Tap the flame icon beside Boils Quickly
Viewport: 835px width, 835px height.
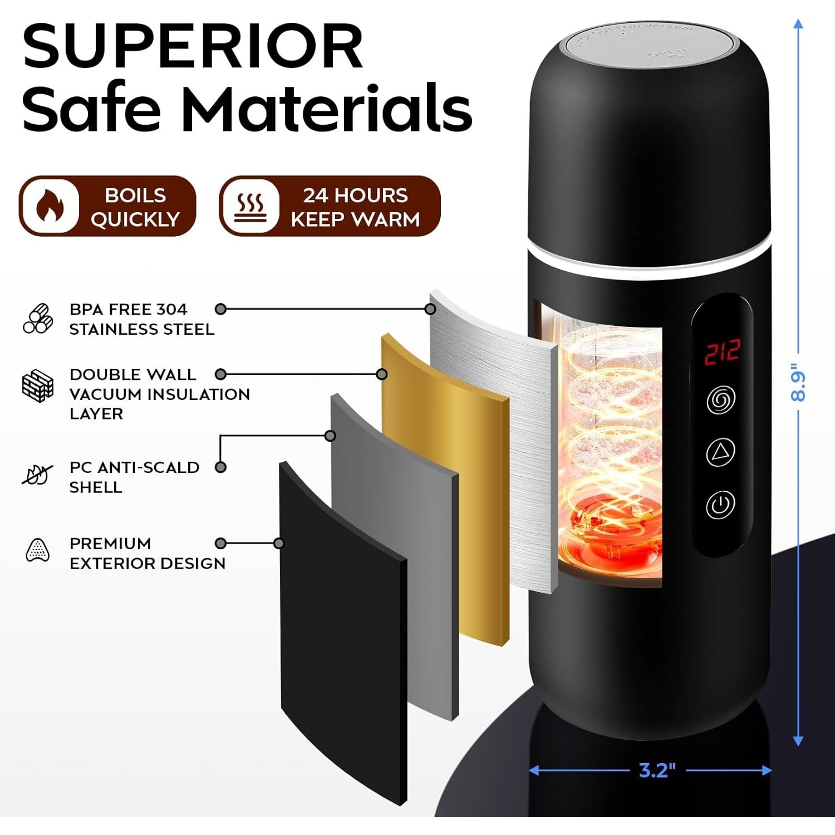coord(50,206)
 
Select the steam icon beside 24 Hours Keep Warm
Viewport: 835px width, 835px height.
coord(249,206)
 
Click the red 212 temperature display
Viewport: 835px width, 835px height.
coord(722,353)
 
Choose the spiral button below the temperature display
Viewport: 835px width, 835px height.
coord(721,399)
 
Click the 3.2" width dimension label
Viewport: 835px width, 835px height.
coord(657,770)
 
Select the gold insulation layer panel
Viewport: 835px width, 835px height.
coord(445,490)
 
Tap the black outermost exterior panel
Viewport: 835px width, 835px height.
coord(342,629)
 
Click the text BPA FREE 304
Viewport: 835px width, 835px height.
coord(128,309)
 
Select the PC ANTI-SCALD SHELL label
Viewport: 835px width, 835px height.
coord(134,477)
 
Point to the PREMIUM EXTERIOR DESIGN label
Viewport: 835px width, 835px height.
coord(147,553)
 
